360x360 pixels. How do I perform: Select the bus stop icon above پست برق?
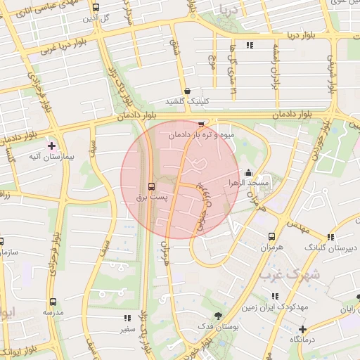pos(151,186)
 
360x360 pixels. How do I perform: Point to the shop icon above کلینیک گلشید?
pos(187,91)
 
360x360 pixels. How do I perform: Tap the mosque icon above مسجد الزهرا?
pos(248,172)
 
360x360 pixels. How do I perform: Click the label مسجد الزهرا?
pos(243,182)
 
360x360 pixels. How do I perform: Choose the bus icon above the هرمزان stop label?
pos(271,237)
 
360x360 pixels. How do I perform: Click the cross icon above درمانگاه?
pos(302,328)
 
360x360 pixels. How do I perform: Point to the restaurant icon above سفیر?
pos(127,318)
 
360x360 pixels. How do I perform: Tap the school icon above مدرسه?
pos(53,300)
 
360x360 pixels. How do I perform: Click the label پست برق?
pos(151,198)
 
